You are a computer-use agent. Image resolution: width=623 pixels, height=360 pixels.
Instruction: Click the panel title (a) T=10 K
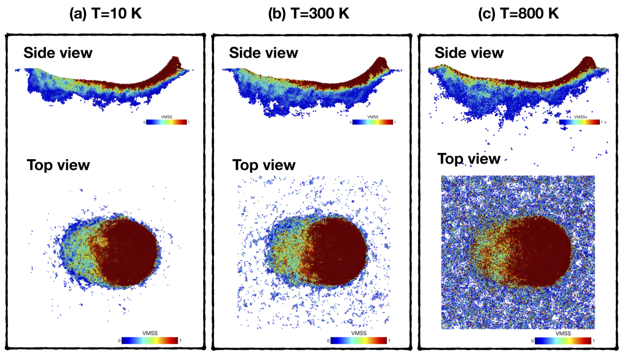pos(106,13)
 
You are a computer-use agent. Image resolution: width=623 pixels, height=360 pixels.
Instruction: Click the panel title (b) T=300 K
pos(308,13)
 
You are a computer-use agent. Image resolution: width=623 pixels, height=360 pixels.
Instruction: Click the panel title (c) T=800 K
pos(518,13)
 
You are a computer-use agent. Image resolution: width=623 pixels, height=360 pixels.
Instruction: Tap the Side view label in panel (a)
pos(58,53)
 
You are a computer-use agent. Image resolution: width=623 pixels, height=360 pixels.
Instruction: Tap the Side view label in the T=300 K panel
pos(263,53)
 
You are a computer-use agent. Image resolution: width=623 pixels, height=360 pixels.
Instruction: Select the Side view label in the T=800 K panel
pos(469,53)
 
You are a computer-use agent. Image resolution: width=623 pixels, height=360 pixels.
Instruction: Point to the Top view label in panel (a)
pos(58,165)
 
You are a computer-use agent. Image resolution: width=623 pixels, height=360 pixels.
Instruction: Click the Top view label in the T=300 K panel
pos(264,165)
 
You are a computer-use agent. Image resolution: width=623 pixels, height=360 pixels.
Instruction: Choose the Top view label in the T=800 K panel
pos(469,159)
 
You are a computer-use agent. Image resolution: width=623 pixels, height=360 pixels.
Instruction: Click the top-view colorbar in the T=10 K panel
pos(150,340)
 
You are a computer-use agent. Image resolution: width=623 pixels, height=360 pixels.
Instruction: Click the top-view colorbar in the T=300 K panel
pos(358,340)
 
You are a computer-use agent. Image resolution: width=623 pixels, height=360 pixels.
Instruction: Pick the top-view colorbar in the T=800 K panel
pos(563,341)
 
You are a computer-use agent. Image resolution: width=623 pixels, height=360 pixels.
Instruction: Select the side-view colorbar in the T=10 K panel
pos(167,122)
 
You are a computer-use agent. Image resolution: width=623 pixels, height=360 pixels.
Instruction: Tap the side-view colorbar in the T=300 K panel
pos(373,122)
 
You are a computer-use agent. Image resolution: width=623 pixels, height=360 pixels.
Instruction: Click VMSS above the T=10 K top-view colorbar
pos(150,333)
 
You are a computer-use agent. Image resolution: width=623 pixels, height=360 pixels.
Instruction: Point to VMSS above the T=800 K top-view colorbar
pos(563,333)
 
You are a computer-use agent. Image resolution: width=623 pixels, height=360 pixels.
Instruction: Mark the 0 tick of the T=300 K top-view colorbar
pos(328,341)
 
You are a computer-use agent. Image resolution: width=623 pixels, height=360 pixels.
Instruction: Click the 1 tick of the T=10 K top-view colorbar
pos(180,340)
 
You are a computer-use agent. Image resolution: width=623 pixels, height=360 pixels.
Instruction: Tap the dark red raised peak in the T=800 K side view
pos(587,62)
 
